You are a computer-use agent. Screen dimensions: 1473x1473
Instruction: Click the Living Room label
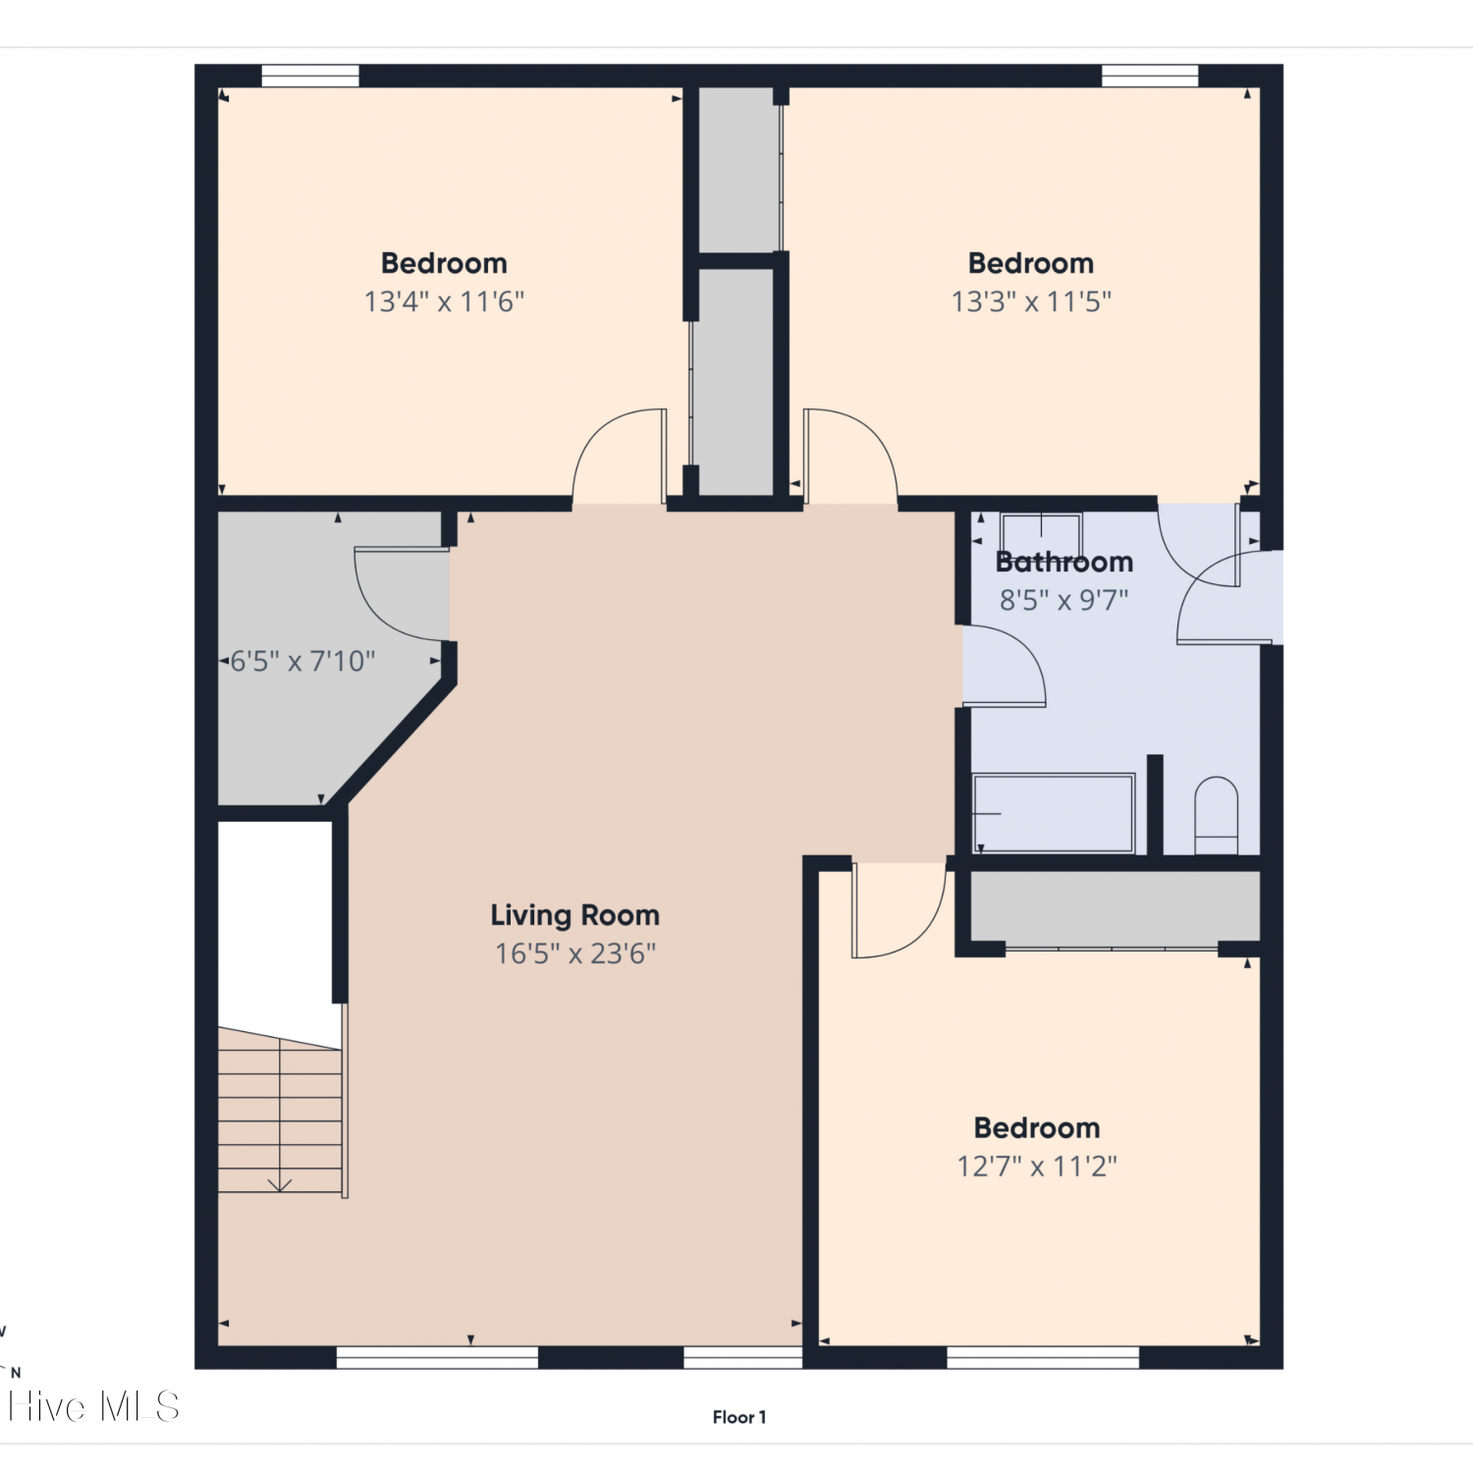click(x=574, y=915)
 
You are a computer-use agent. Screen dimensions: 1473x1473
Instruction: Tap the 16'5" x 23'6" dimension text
click(x=574, y=954)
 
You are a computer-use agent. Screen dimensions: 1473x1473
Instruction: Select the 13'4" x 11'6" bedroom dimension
click(x=444, y=301)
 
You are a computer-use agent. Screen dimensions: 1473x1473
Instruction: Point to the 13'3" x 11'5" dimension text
click(x=1031, y=301)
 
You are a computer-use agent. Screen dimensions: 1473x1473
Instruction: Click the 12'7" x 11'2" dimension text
click(x=1037, y=1167)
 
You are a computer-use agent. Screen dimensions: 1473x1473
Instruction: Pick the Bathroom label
click(x=1064, y=562)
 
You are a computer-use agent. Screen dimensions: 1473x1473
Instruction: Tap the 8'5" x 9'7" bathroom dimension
click(x=1064, y=600)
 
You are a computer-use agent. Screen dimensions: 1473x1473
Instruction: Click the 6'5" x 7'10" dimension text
click(x=302, y=661)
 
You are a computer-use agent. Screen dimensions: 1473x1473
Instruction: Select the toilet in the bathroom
click(x=1216, y=815)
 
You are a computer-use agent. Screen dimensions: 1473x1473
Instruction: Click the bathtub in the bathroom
click(x=1054, y=813)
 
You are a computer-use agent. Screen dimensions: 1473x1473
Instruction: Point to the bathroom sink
click(x=1041, y=535)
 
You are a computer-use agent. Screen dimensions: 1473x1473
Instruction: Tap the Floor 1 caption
click(x=739, y=1417)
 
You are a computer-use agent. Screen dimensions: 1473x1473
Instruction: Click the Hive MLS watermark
click(x=94, y=1407)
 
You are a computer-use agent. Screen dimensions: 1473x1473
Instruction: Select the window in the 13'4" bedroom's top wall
click(x=310, y=76)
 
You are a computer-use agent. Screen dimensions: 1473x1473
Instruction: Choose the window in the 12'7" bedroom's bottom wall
click(x=1043, y=1357)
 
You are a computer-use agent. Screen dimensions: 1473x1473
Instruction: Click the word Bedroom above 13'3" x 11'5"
click(x=1031, y=263)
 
